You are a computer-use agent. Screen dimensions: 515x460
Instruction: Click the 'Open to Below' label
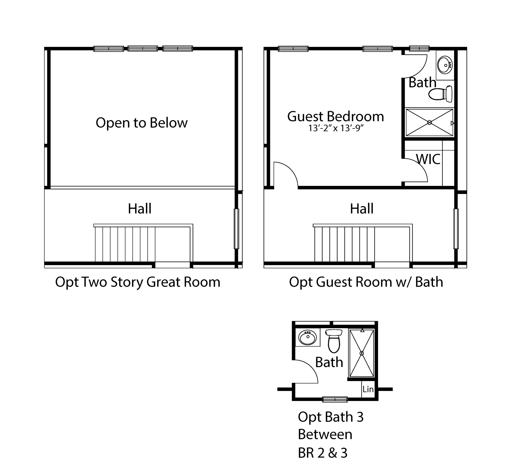[x=141, y=123]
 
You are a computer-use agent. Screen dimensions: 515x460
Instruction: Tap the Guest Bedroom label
[x=335, y=117]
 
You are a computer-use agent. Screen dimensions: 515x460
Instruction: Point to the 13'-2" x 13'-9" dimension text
[x=336, y=128]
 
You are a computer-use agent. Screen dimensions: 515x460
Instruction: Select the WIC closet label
[x=428, y=159]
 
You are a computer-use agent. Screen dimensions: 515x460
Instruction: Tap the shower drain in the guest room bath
[x=429, y=123]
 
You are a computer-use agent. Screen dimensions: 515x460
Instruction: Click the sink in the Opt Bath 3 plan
[x=307, y=337]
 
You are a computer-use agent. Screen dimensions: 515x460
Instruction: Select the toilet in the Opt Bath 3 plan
[x=334, y=341]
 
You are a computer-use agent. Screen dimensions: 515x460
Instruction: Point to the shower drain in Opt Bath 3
[x=362, y=353]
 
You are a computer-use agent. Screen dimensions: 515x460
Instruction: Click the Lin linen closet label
[x=368, y=389]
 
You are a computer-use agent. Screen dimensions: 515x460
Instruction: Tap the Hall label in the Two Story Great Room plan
[x=140, y=209]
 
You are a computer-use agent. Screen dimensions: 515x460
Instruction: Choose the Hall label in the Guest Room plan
[x=362, y=209]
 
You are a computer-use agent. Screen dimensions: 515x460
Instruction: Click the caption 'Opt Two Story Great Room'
[x=138, y=282]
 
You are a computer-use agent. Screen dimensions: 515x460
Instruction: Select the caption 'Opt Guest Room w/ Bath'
[x=366, y=282]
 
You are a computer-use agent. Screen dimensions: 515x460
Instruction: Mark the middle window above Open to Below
[x=143, y=49]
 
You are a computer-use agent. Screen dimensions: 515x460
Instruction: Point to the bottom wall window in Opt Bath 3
[x=335, y=399]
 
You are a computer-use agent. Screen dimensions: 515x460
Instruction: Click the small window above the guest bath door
[x=419, y=49]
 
